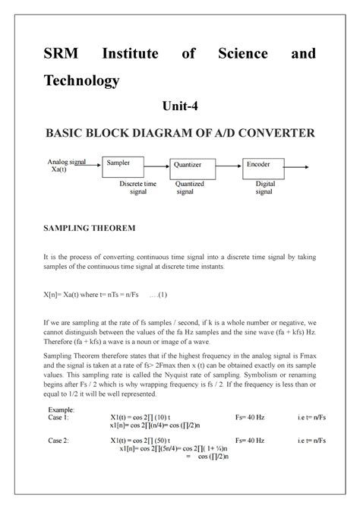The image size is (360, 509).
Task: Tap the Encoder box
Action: tap(264, 169)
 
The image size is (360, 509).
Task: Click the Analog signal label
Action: tap(67, 163)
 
